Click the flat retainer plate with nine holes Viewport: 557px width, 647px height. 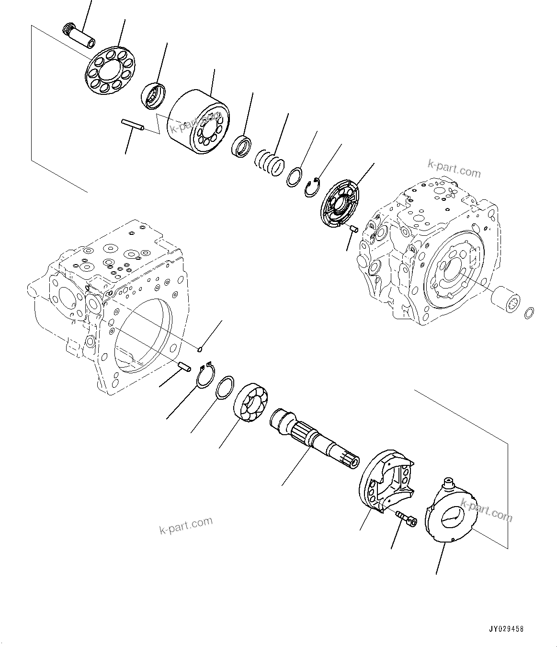(111, 71)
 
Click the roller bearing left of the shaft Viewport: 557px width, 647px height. (251, 403)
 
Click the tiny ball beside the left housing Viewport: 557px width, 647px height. (202, 348)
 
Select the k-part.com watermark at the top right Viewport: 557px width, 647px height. (454, 168)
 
